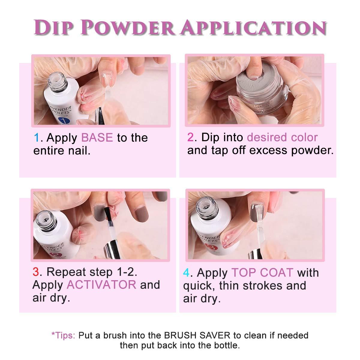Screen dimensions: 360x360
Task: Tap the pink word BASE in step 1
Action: coord(97,138)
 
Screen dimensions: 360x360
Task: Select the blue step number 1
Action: coord(37,138)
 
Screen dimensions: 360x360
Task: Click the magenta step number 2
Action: coord(191,137)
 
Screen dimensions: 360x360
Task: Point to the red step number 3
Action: coord(36,272)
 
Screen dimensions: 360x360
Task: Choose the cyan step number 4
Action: coord(187,273)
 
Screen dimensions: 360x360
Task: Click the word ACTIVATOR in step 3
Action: coord(102,285)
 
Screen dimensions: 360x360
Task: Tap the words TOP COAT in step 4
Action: coord(262,273)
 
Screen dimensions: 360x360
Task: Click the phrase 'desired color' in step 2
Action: coord(282,137)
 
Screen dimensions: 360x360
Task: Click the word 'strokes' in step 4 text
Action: coord(259,285)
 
